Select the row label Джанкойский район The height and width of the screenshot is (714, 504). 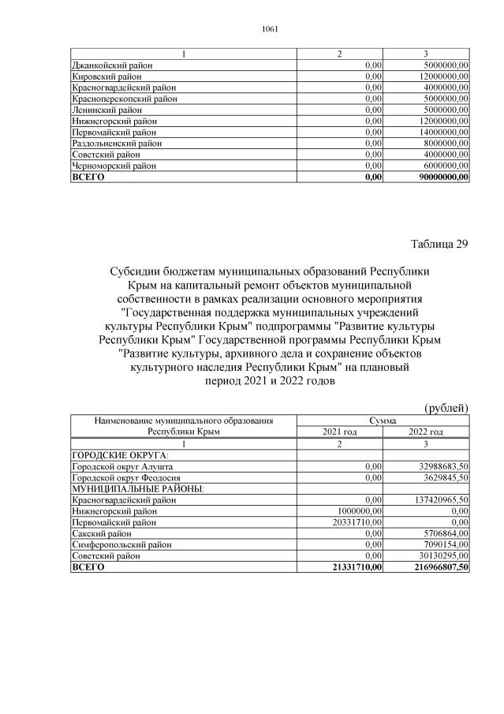[111, 65]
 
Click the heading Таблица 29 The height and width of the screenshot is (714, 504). [439, 243]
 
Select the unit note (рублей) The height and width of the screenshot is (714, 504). [446, 407]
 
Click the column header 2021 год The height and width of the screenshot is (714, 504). [340, 432]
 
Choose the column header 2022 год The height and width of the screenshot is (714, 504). [426, 432]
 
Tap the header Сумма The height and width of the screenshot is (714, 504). [383, 421]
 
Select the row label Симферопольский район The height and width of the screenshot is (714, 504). [121, 544]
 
